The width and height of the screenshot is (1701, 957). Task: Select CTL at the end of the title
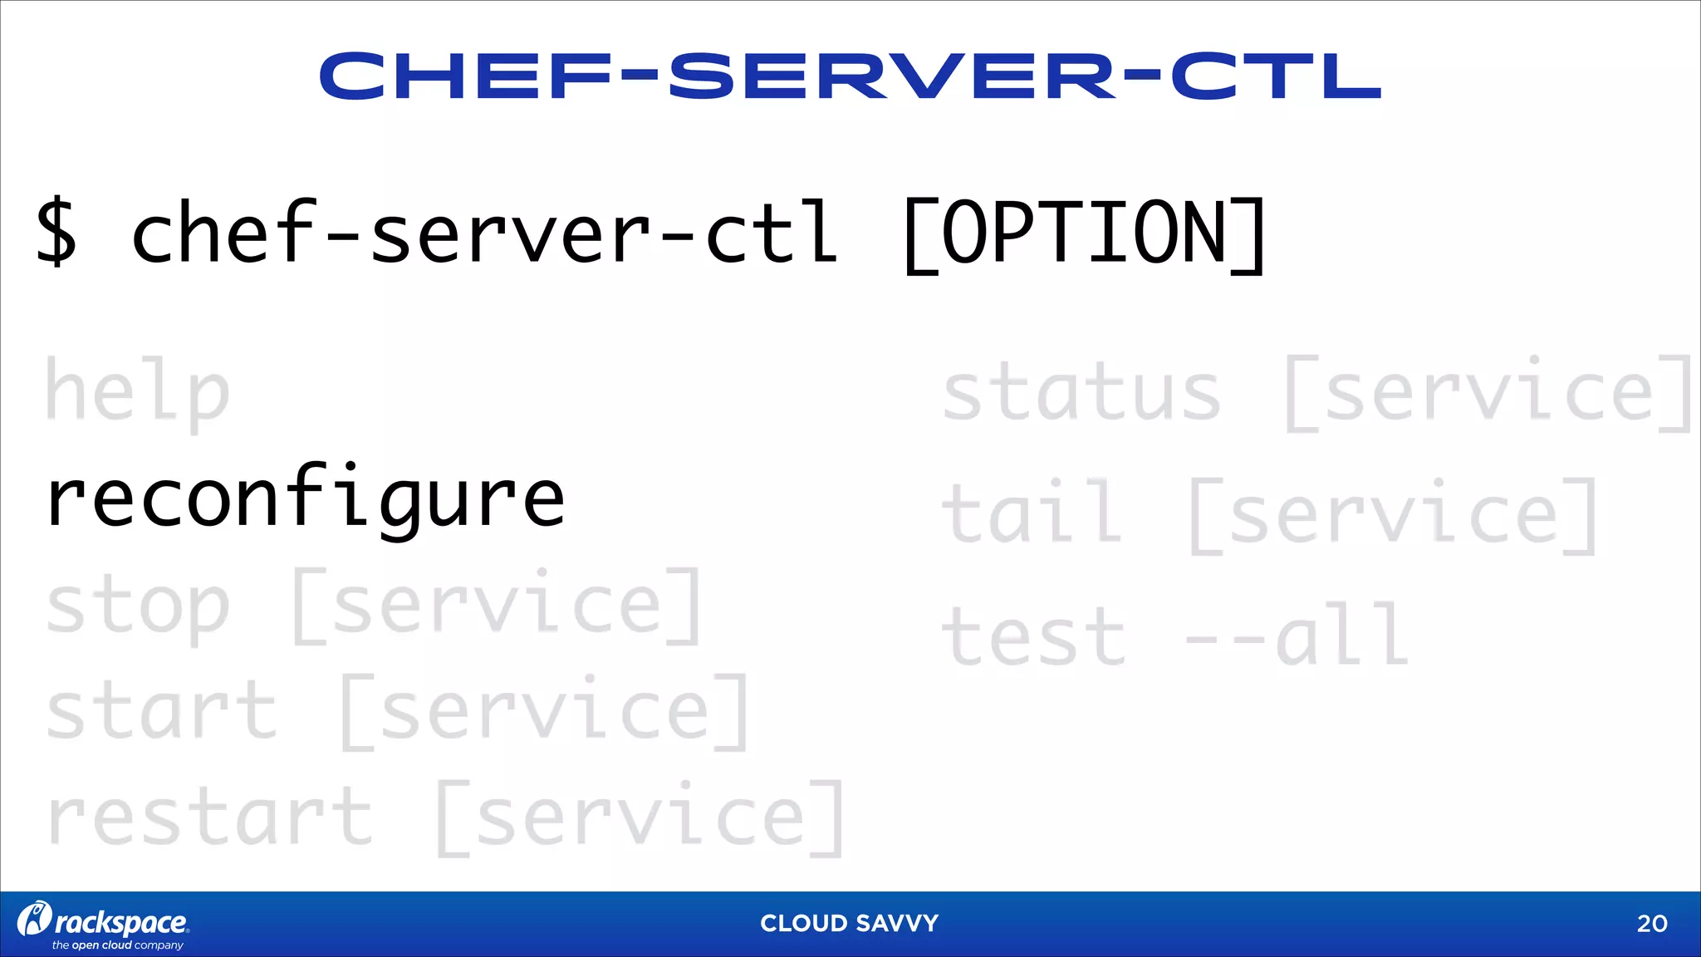click(1275, 76)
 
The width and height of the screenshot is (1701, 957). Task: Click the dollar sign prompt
click(56, 232)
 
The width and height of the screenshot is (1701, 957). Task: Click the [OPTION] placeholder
click(1084, 235)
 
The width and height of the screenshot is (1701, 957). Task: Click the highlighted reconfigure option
click(306, 498)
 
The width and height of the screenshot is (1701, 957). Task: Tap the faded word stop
click(137, 606)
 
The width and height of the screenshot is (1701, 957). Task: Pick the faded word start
click(161, 711)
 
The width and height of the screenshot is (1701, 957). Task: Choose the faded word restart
click(209, 817)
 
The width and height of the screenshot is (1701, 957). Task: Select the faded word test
click(1033, 636)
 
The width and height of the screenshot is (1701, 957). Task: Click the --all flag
click(1297, 636)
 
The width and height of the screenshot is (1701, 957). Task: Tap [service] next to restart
click(640, 817)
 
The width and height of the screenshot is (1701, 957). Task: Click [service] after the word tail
click(1393, 515)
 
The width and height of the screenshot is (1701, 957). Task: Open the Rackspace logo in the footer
click(104, 924)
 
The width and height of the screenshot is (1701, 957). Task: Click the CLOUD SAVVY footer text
click(849, 923)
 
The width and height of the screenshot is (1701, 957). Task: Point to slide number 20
click(1651, 924)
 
